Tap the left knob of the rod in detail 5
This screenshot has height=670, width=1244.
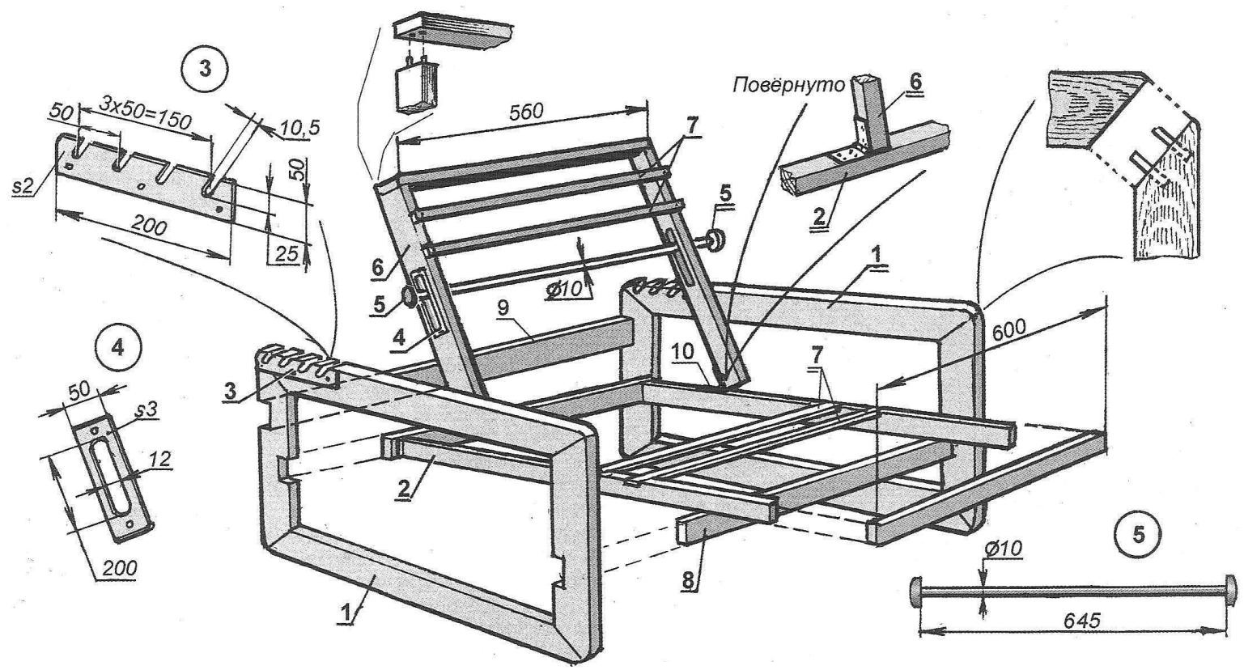coord(917,591)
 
